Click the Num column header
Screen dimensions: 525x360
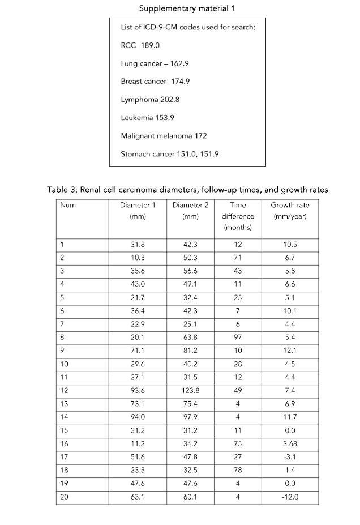pyautogui.click(x=68, y=206)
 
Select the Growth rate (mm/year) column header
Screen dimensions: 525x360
pyautogui.click(x=290, y=211)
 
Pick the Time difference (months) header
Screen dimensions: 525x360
pyautogui.click(x=238, y=216)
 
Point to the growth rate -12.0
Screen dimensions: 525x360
pyautogui.click(x=290, y=498)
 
